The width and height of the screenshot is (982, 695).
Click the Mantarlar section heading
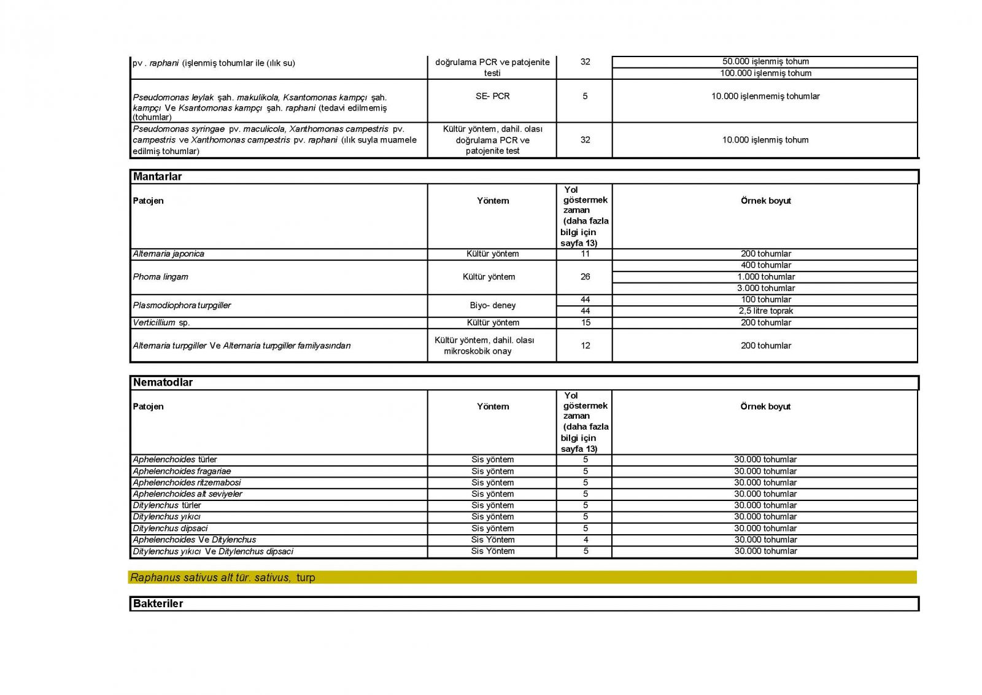pyautogui.click(x=158, y=177)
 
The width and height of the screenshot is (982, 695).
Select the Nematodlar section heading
pyautogui.click(x=163, y=382)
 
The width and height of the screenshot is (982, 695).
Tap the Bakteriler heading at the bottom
pyautogui.click(x=158, y=604)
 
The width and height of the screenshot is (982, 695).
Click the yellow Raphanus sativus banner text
pyautogui.click(x=222, y=577)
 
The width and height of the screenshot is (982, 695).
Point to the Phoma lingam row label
pyautogui.click(x=161, y=277)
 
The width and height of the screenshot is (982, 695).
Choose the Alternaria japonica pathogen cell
pyautogui.click(x=169, y=254)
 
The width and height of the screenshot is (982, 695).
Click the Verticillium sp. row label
pyautogui.click(x=161, y=322)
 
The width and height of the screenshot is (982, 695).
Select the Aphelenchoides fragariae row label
pyautogui.click(x=182, y=472)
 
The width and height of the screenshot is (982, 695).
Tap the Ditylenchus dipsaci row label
pyautogui.click(x=170, y=528)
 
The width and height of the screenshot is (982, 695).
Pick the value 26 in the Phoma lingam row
pyautogui.click(x=585, y=277)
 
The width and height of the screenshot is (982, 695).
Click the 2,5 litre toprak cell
pyautogui.click(x=765, y=311)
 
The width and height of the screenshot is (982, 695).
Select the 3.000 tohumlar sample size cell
pyautogui.click(x=765, y=288)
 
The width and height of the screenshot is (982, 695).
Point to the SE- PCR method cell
pyautogui.click(x=492, y=96)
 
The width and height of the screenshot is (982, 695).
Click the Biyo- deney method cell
pyautogui.click(x=492, y=305)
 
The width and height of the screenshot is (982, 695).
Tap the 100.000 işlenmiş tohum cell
pyautogui.click(x=765, y=73)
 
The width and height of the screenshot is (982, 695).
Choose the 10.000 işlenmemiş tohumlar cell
pyautogui.click(x=765, y=96)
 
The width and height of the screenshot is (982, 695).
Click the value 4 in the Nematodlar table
pyautogui.click(x=586, y=540)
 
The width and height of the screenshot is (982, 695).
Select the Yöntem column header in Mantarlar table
pyautogui.click(x=493, y=201)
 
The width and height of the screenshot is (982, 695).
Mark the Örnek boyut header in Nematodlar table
pyautogui.click(x=765, y=406)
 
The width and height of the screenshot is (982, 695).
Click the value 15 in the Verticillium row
pyautogui.click(x=586, y=322)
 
